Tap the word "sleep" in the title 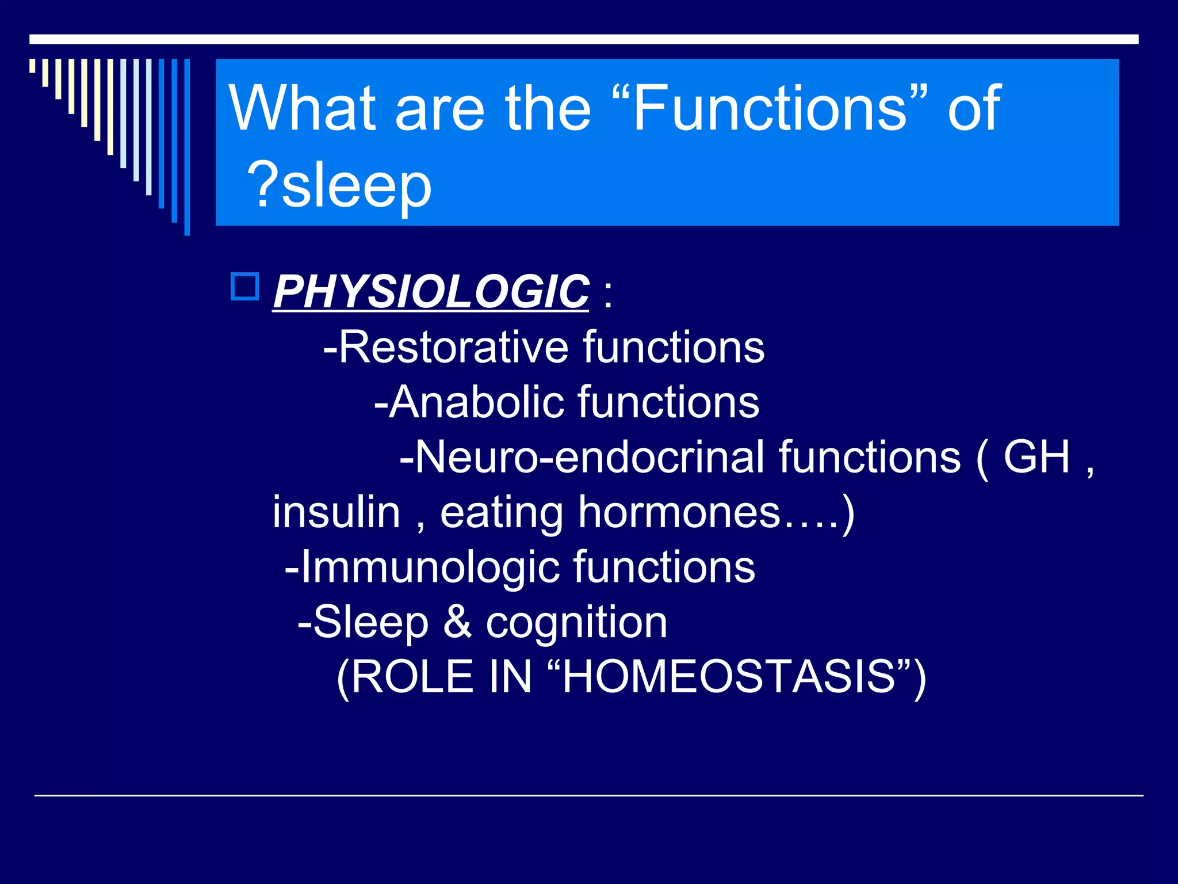tap(356, 185)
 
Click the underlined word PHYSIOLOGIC tap(430, 292)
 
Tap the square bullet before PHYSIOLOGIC tap(245, 286)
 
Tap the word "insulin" tap(336, 512)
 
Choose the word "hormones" tap(679, 512)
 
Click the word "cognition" tap(576, 622)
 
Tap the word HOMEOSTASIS tap(728, 677)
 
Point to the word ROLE tap(412, 677)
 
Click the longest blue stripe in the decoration tap(187, 147)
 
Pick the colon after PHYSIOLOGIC tap(609, 294)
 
